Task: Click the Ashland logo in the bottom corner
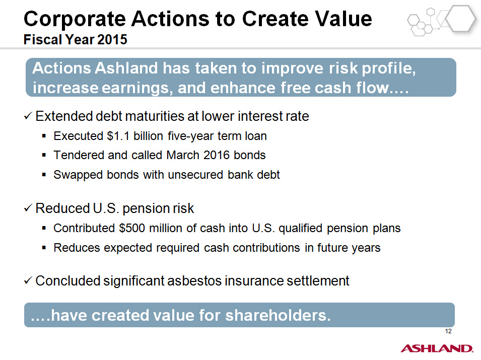437,348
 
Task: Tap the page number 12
448,331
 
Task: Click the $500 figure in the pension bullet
132,228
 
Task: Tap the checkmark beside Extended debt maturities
28,116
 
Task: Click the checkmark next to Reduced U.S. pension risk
28,208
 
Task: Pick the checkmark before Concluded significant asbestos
28,280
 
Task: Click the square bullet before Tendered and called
44,155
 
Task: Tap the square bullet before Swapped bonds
44,175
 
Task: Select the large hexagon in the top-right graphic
460,19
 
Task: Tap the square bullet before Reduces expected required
44,247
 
